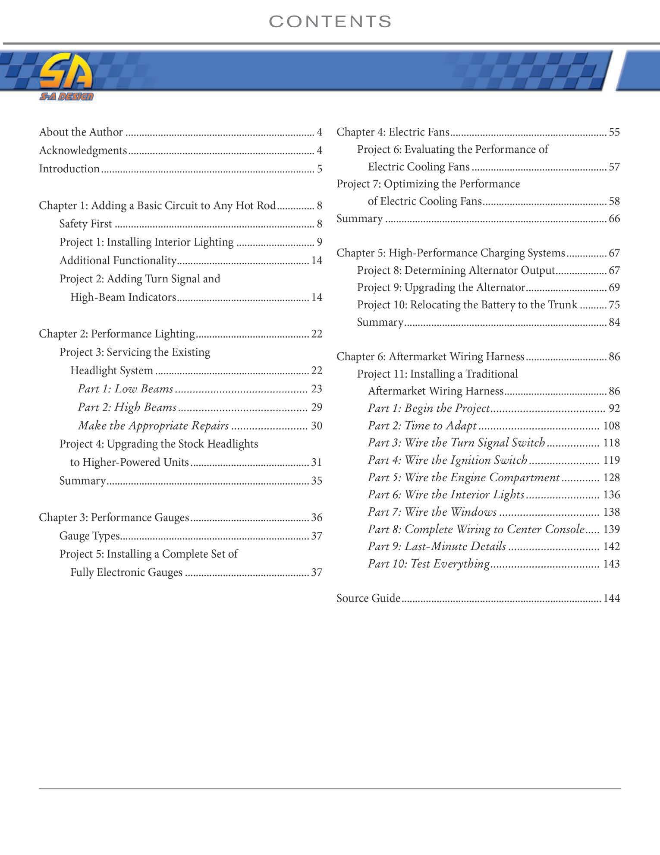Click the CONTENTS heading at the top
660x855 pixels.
pyautogui.click(x=330, y=22)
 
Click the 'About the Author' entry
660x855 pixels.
pyautogui.click(x=81, y=132)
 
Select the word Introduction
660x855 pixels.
pyautogui.click(x=69, y=169)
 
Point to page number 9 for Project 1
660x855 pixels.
pyautogui.click(x=319, y=242)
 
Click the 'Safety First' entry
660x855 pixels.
pyautogui.click(x=85, y=224)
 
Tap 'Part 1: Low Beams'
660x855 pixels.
pyautogui.click(x=126, y=389)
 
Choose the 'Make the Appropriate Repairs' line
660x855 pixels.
pyautogui.click(x=153, y=426)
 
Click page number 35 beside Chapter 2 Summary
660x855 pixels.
pyautogui.click(x=317, y=481)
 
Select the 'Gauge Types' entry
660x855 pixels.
pyautogui.click(x=89, y=536)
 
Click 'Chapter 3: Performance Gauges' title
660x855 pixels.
pyautogui.click(x=114, y=517)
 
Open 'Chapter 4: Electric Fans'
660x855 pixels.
pyautogui.click(x=393, y=132)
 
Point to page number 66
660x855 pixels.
pyautogui.click(x=614, y=219)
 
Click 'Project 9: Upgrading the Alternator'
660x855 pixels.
pyautogui.click(x=441, y=287)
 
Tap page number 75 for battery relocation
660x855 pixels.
pyautogui.click(x=614, y=305)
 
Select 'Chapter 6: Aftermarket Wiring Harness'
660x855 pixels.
pyautogui.click(x=430, y=357)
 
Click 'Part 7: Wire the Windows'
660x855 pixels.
pyautogui.click(x=432, y=512)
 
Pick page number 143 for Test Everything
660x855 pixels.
pyautogui.click(x=611, y=564)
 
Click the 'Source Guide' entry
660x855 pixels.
pyautogui.click(x=368, y=598)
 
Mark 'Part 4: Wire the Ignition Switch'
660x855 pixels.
pyautogui.click(x=447, y=460)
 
